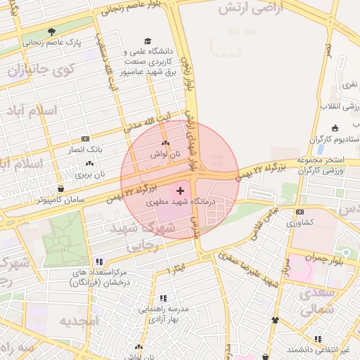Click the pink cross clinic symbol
181,191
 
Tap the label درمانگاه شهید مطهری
179,201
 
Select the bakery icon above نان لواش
165,143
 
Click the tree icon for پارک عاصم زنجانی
51,32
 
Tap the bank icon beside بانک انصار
86,139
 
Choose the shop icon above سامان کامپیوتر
61,188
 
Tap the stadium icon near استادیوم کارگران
335,128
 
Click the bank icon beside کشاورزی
300,212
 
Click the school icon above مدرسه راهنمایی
164,298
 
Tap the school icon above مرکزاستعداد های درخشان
99,262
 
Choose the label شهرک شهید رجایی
138,236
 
